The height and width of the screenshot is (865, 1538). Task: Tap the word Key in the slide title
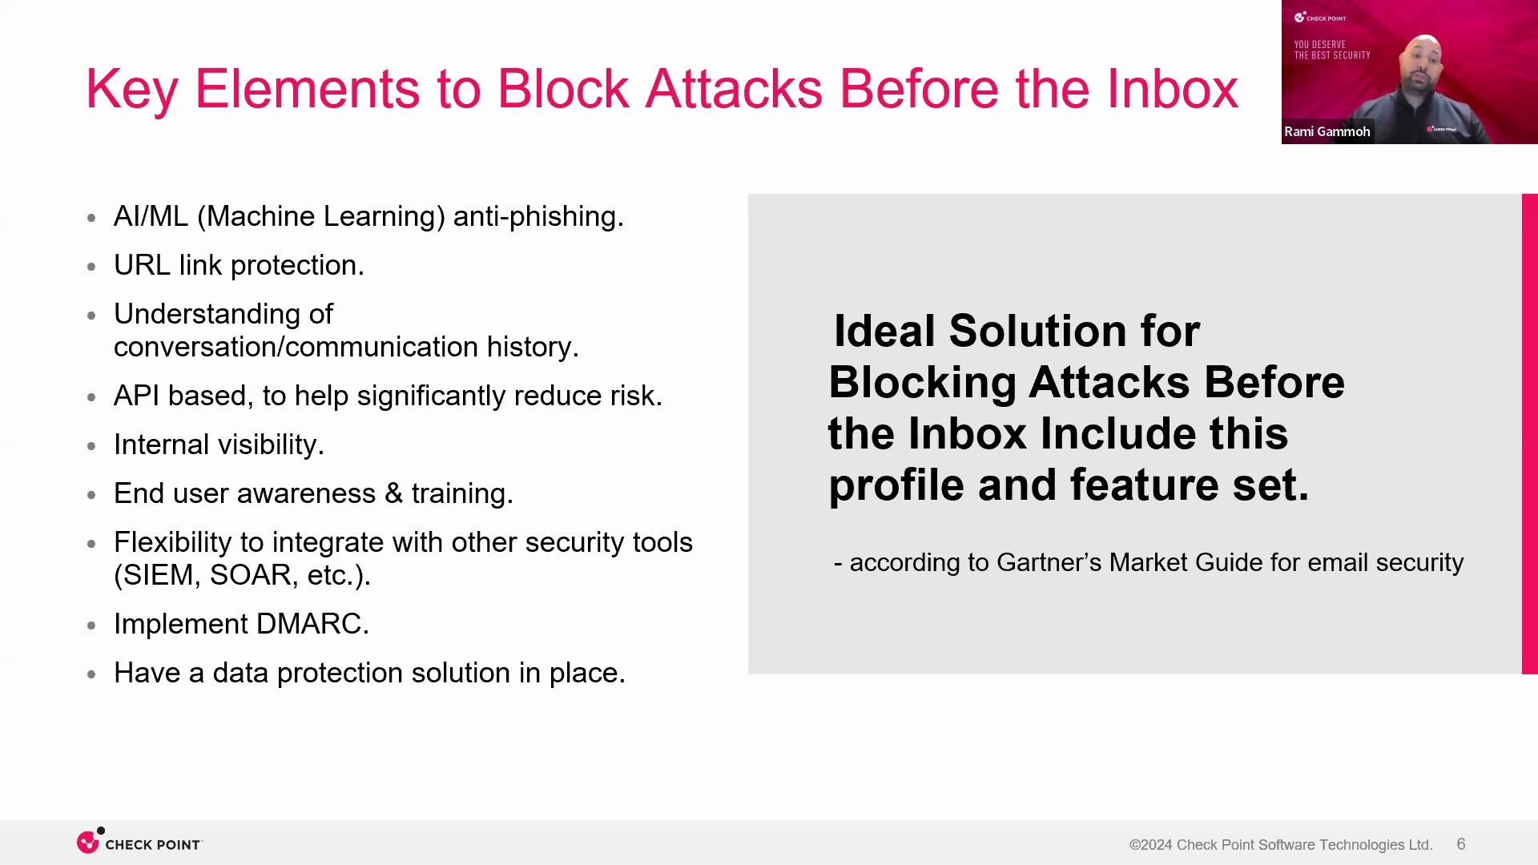coord(131,90)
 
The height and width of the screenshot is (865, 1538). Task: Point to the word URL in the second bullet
coord(142,265)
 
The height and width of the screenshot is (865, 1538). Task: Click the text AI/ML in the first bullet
coord(151,216)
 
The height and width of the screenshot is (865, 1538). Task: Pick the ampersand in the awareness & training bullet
coord(393,493)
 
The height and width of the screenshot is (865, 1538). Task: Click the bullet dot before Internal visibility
coord(91,446)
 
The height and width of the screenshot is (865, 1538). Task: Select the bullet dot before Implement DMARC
coord(91,626)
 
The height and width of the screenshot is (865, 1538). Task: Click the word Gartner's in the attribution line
coord(1049,562)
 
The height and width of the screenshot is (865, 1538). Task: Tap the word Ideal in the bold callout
coord(885,331)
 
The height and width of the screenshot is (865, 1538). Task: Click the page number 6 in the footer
coord(1461,844)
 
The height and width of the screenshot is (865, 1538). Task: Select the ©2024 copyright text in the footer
coord(1151,845)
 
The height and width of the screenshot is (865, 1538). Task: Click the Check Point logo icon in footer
coord(88,842)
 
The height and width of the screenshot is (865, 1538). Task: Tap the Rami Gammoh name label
coord(1327,131)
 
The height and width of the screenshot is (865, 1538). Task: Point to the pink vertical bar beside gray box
coord(1529,433)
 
